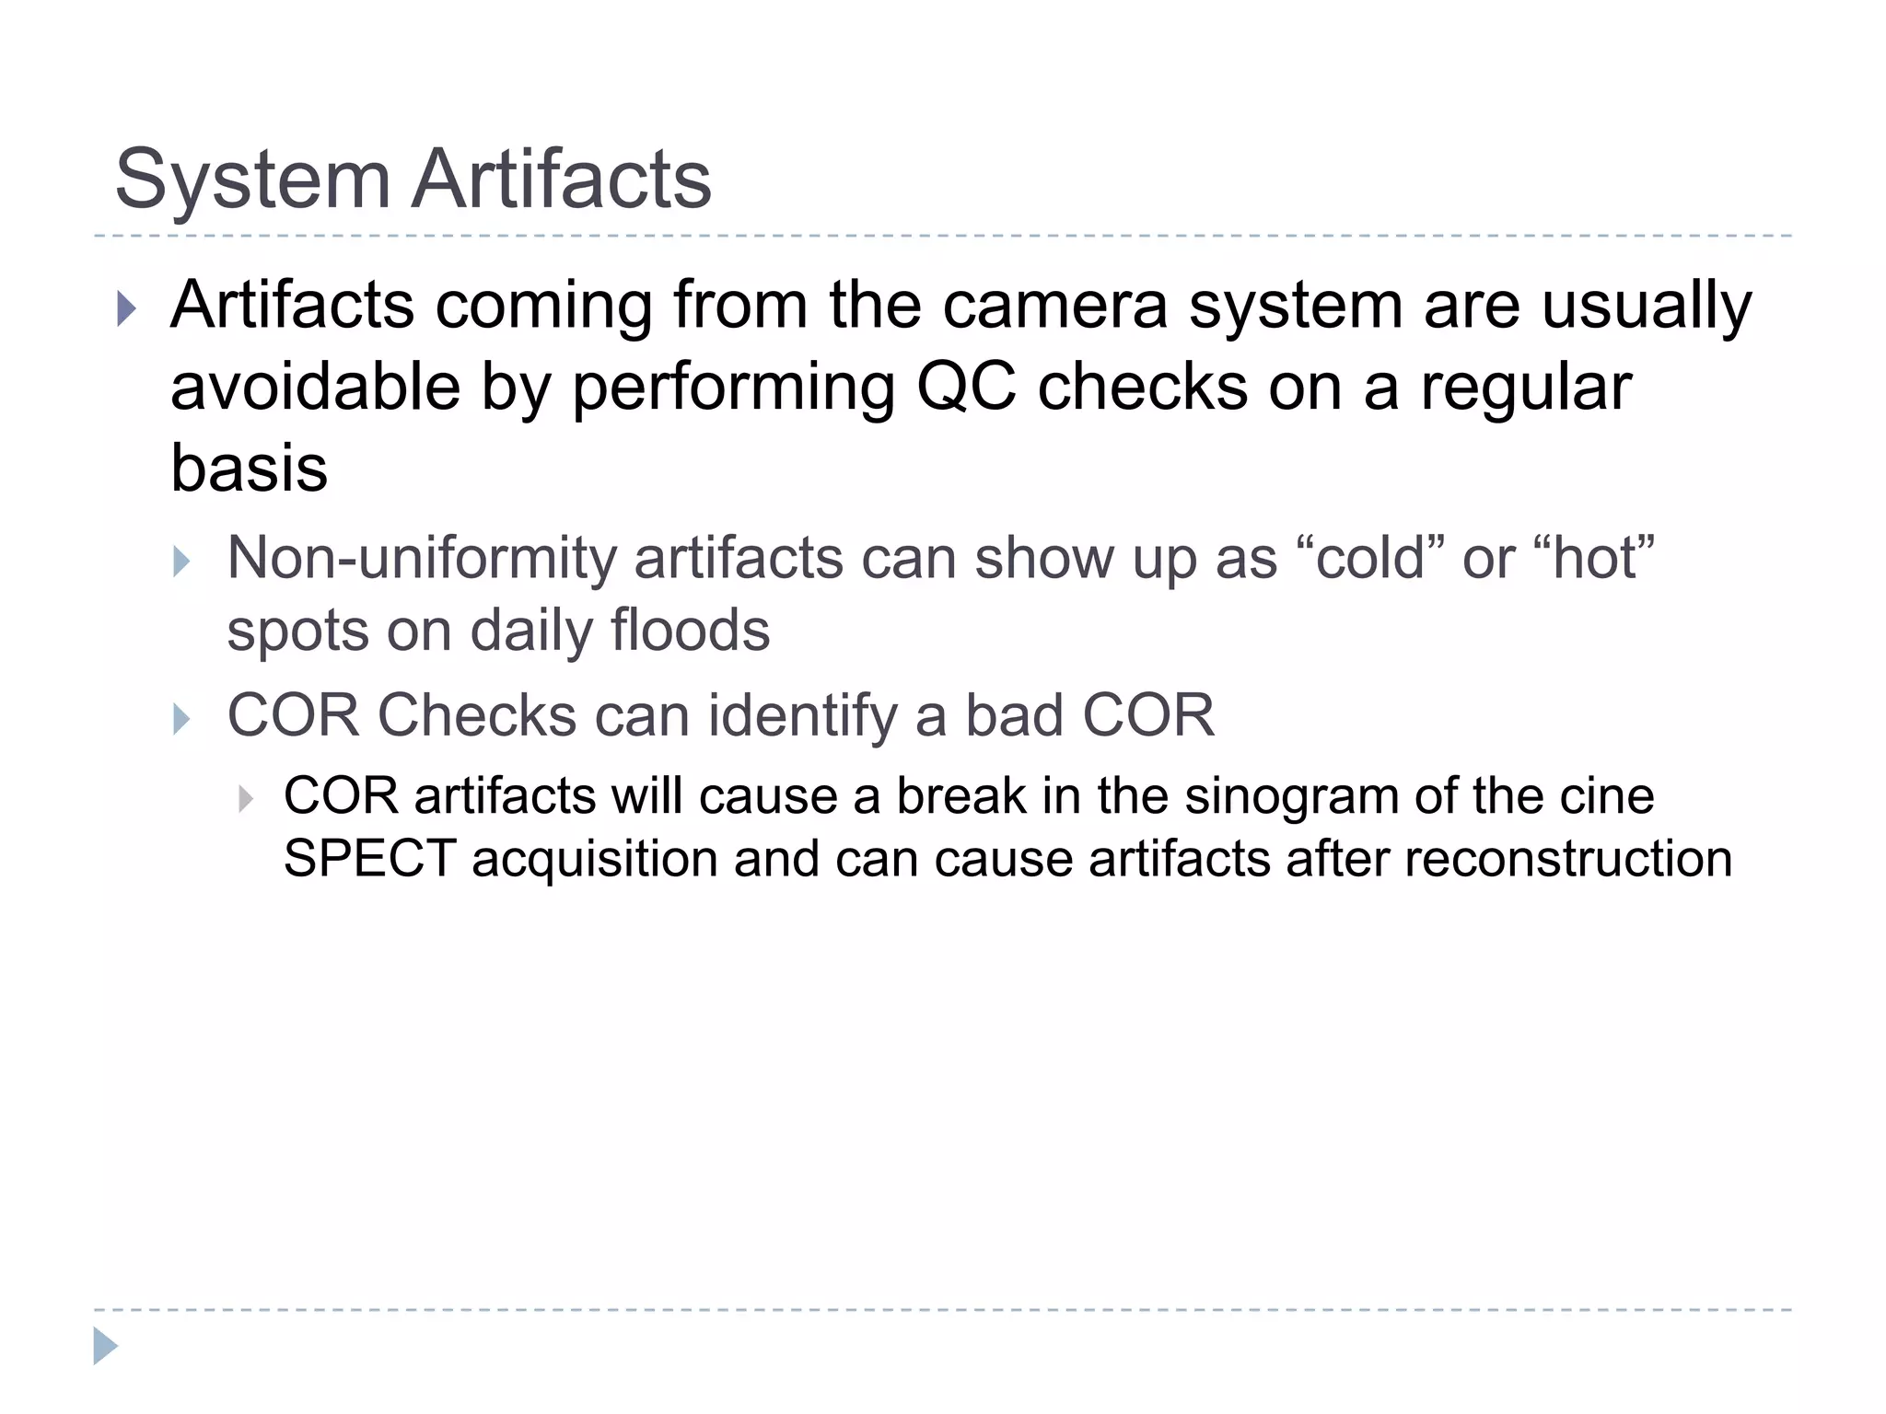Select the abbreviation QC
coord(966,387)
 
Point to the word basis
coord(249,468)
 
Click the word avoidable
coord(315,387)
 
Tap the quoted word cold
coord(1370,558)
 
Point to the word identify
coord(801,717)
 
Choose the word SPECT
coord(369,859)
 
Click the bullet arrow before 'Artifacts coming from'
coord(127,309)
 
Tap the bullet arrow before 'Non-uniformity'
coord(181,562)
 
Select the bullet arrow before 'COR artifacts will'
coord(245,798)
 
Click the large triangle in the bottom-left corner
coord(105,1346)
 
